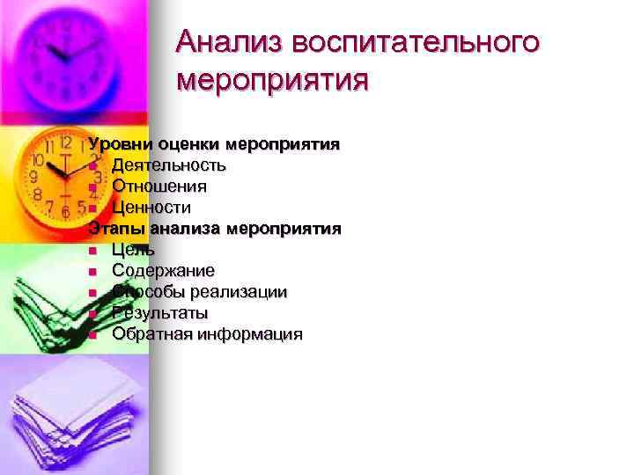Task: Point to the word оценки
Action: click(x=190, y=143)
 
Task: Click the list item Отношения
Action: click(x=159, y=186)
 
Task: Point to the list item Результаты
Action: click(x=160, y=313)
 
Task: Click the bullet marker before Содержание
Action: click(x=92, y=272)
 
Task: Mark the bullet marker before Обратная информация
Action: click(x=92, y=335)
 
